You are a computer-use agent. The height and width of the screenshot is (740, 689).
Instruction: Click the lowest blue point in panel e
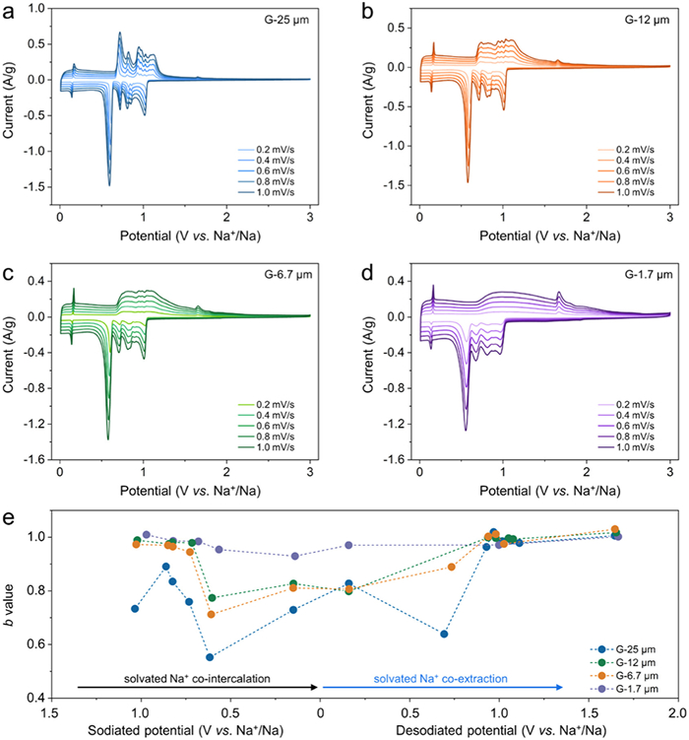tap(210, 657)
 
